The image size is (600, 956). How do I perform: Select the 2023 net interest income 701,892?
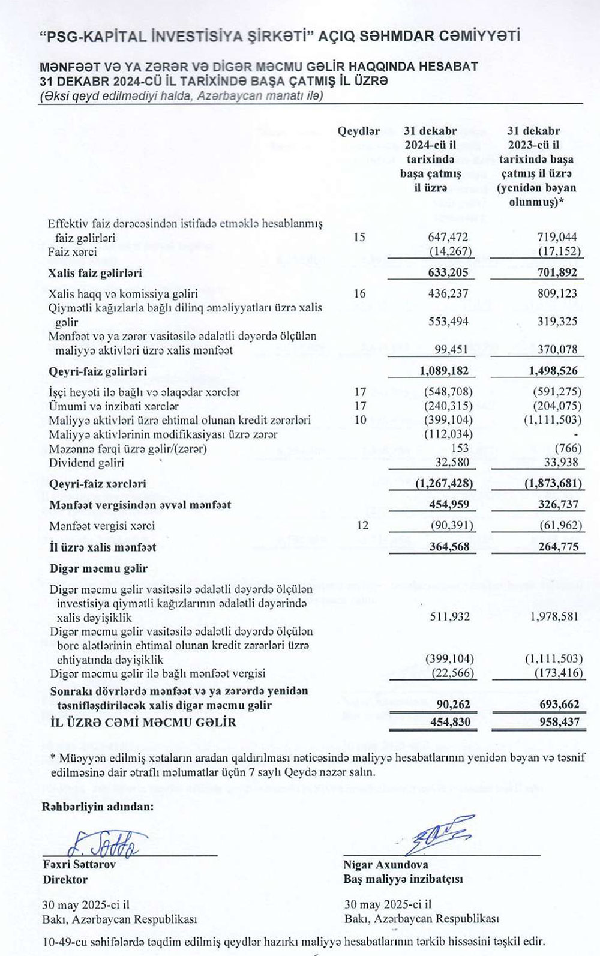[x=557, y=273]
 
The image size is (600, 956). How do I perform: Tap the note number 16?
[x=359, y=293]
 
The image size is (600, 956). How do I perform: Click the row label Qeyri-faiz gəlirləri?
[x=98, y=371]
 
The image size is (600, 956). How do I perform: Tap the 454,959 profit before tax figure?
[x=449, y=505]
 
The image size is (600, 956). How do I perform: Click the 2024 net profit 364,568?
[x=449, y=547]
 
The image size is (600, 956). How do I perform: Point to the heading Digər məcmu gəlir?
[x=98, y=568]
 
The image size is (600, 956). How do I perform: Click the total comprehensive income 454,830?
[x=450, y=723]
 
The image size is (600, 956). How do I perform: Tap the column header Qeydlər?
[x=358, y=131]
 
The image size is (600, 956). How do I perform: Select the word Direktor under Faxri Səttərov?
[x=65, y=880]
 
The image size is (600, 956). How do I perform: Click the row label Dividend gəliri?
[x=86, y=463]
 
